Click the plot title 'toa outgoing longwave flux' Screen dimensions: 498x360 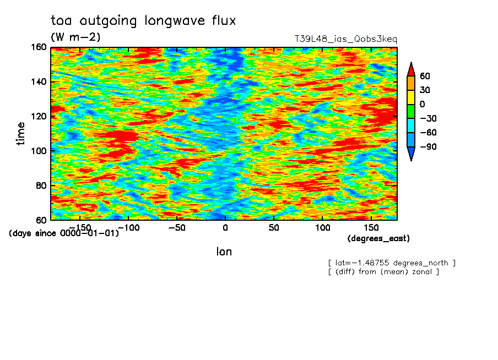pos(143,21)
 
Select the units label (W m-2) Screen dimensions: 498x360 pos(75,37)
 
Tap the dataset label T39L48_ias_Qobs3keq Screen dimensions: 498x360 pos(346,39)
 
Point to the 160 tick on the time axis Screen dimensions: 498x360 pos(39,47)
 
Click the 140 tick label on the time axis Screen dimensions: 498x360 pos(39,81)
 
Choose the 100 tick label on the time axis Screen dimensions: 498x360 pos(39,151)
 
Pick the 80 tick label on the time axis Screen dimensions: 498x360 pos(41,186)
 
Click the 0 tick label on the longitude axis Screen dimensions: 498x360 pos(225,228)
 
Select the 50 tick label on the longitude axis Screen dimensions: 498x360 pos(274,228)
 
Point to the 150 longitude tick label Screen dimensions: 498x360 pos(371,228)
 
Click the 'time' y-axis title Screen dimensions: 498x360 pos(20,134)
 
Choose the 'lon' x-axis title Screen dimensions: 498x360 pos(224,252)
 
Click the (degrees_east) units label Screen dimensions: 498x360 pos(378,238)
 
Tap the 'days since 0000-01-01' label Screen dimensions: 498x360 pos(64,233)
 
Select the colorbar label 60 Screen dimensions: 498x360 pos(425,76)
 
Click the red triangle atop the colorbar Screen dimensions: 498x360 pos(411,70)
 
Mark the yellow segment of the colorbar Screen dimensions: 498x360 pos(411,97)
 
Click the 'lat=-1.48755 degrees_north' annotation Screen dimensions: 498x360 pos(392,263)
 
